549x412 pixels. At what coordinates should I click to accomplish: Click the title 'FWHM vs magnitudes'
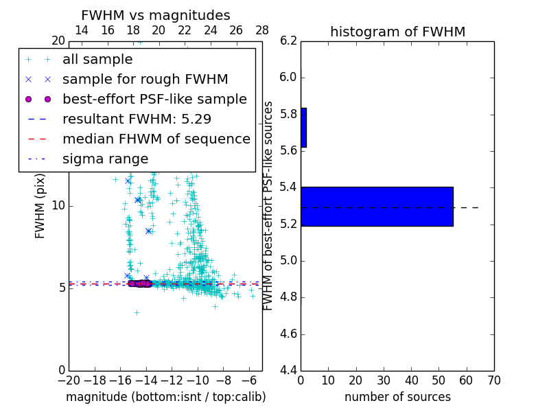(155, 15)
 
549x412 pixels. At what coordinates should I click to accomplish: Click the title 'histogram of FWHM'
(397, 32)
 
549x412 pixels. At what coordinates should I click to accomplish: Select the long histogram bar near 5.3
(377, 206)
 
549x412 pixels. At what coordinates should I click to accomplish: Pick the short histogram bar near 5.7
(303, 127)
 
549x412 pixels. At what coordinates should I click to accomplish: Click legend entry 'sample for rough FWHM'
(145, 80)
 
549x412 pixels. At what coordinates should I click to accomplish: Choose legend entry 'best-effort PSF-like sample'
(154, 99)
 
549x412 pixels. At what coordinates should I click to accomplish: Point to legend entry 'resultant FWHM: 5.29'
(137, 119)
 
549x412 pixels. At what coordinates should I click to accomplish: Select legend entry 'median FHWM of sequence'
(156, 139)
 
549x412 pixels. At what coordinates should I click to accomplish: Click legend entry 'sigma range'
(105, 159)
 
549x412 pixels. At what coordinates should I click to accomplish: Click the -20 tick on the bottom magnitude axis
(69, 380)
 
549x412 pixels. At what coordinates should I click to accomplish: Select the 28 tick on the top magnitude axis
(262, 30)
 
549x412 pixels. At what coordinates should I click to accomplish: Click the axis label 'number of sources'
(397, 397)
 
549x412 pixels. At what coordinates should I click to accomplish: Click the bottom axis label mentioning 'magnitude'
(165, 397)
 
